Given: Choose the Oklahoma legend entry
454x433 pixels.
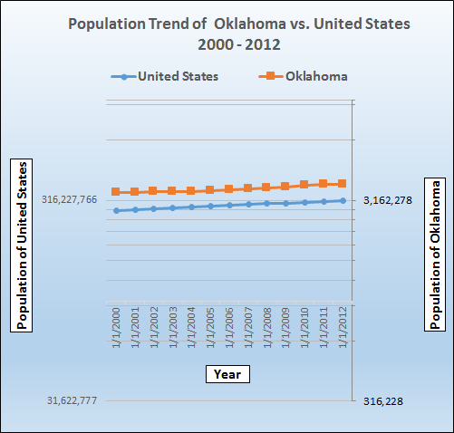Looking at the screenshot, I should click(314, 76).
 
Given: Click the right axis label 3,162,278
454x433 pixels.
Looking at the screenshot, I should click(388, 200).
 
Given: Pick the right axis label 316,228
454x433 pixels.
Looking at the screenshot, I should click(384, 401).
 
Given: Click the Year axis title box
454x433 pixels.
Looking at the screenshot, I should click(227, 373).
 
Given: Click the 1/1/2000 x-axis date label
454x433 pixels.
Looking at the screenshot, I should click(116, 331).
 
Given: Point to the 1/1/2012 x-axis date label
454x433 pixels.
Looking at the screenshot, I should click(343, 331).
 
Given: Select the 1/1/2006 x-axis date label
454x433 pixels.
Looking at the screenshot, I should click(229, 331).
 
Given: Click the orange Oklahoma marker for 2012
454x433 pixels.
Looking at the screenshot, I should click(343, 183).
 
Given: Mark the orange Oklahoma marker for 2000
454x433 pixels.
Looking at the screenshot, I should click(116, 192).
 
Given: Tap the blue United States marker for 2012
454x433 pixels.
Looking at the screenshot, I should click(343, 200).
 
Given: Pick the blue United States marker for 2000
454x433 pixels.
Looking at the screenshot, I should click(116, 210).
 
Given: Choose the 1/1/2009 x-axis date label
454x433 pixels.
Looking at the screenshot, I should click(285, 331).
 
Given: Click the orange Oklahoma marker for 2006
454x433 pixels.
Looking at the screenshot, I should click(229, 188).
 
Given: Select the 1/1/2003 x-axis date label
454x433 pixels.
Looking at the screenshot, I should click(172, 331).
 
